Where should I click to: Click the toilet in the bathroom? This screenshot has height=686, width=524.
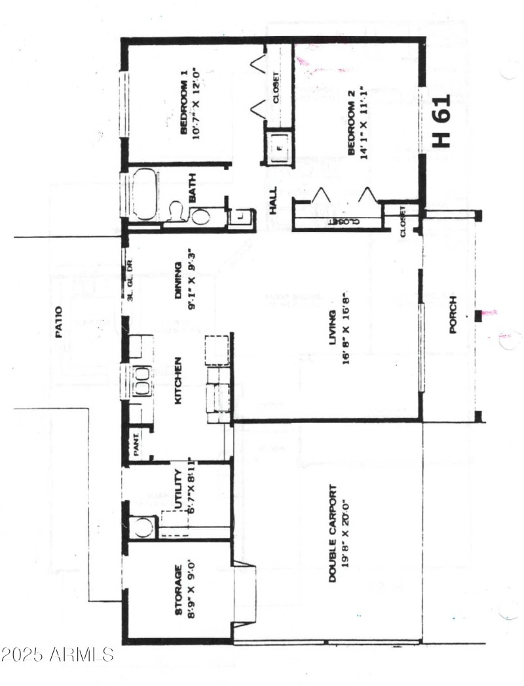click(x=175, y=212)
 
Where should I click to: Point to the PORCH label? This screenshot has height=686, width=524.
click(x=453, y=315)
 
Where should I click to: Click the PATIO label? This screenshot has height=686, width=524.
click(x=58, y=322)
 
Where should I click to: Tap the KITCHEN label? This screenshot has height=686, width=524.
click(x=177, y=381)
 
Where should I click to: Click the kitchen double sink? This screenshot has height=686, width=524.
click(x=141, y=380)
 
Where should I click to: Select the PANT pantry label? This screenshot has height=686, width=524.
click(x=138, y=446)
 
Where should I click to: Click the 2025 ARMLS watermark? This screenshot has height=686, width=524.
click(x=58, y=654)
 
